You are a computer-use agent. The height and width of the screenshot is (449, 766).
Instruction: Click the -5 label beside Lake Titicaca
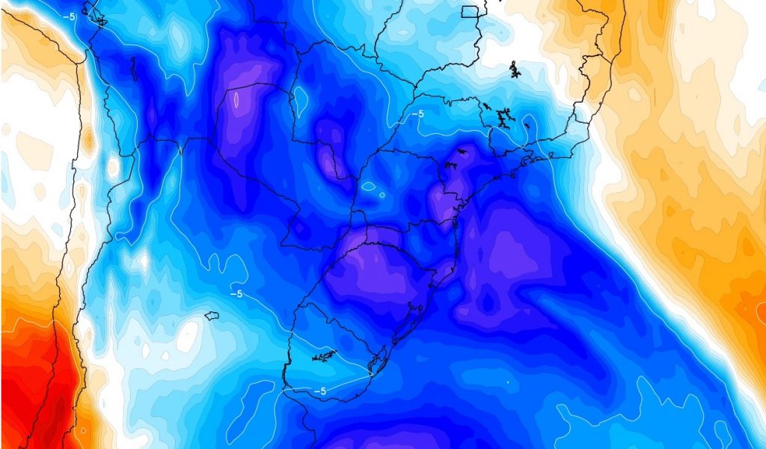pos(69,16)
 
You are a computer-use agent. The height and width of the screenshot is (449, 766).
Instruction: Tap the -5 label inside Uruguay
pos(319,391)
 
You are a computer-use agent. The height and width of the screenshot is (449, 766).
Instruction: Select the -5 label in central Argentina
pos(236,294)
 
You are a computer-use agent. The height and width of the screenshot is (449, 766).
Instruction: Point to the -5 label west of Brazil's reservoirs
pos(417,114)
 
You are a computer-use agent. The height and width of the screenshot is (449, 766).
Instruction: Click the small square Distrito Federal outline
pos(470,11)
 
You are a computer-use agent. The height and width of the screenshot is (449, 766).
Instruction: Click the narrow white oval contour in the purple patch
pos(236,100)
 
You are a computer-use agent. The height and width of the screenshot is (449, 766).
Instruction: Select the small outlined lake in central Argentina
pos(211,316)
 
